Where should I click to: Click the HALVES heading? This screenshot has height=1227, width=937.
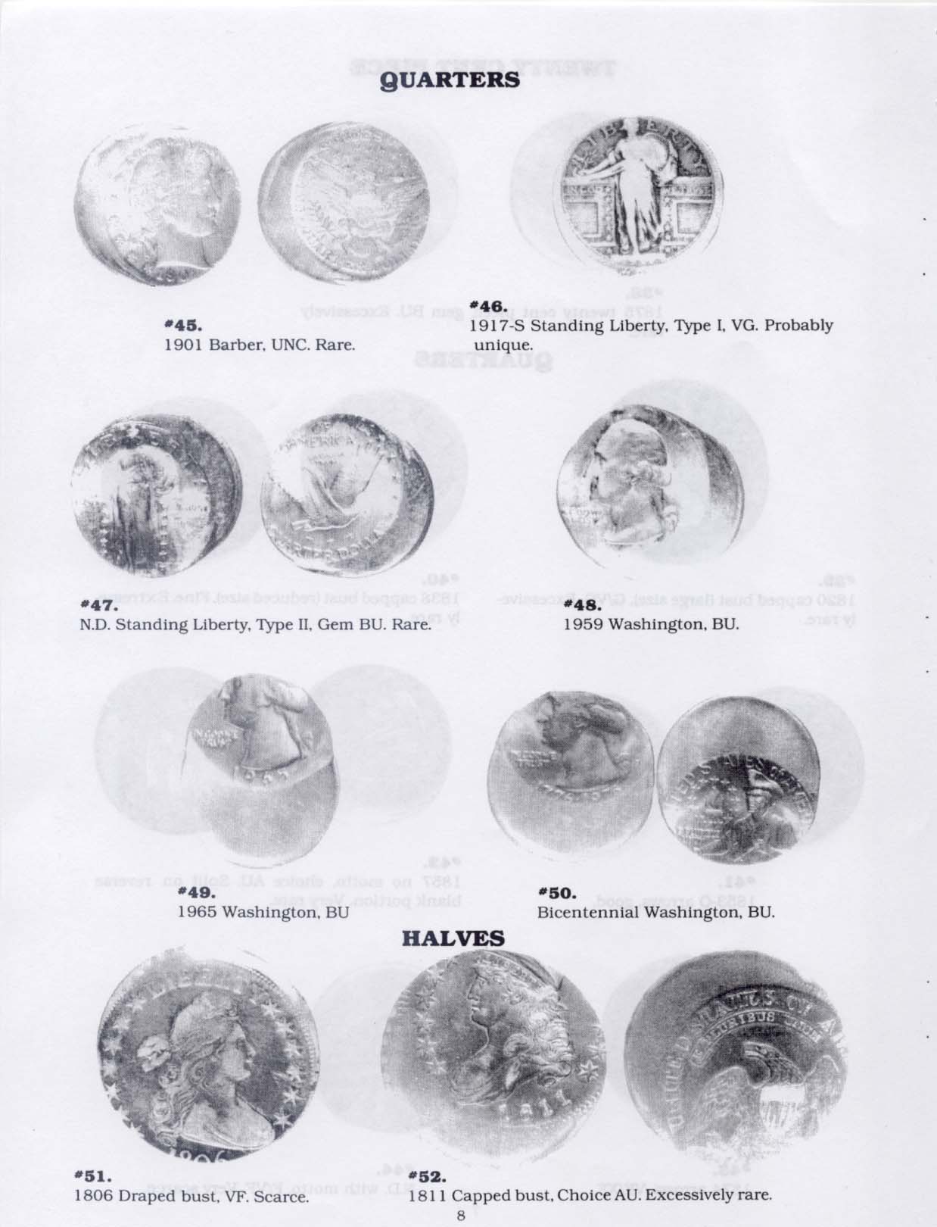click(452, 938)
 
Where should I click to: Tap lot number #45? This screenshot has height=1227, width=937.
click(182, 325)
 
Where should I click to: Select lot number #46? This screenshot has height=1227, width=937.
click(487, 306)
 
